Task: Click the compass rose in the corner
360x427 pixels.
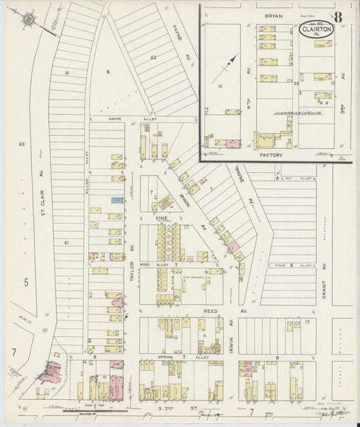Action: (x=28, y=21)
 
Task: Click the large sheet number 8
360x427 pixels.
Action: (x=337, y=16)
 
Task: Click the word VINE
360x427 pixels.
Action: (x=162, y=220)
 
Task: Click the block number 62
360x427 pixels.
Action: (x=153, y=58)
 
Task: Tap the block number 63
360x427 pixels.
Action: (x=22, y=145)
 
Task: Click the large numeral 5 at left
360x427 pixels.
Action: (x=26, y=282)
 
